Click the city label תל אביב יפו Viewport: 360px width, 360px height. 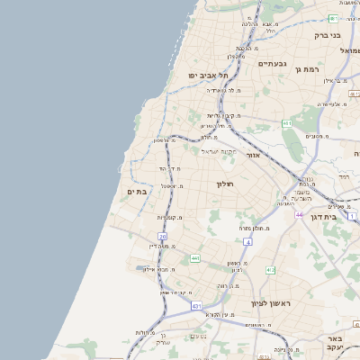click(206, 76)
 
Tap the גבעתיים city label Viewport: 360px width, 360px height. click(272, 64)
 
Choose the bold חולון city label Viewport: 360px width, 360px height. click(225, 184)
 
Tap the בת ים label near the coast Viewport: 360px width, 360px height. click(137, 191)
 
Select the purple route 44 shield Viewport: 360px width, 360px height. click(299, 215)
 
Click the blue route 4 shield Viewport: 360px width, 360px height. click(247, 242)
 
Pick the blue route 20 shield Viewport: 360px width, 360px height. click(164, 237)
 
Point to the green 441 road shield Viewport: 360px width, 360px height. click(195, 258)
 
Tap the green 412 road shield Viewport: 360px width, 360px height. click(270, 269)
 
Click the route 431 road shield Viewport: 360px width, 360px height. click(197, 307)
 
